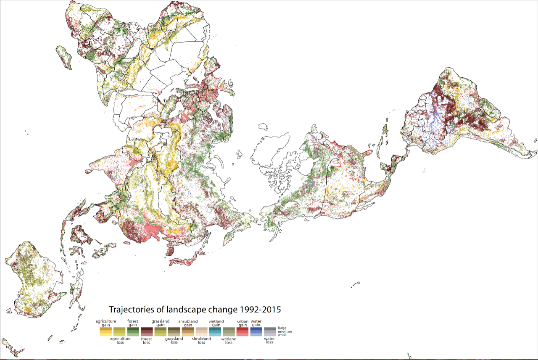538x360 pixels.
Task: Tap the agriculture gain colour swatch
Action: coord(105,332)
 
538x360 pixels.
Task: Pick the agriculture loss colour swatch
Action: coord(119,332)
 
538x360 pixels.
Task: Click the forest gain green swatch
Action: coord(133,332)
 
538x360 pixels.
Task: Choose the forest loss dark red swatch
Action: coord(147,332)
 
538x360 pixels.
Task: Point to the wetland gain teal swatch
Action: coord(215,332)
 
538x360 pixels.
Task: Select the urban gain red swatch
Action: coord(243,332)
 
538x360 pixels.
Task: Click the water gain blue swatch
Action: coord(256,332)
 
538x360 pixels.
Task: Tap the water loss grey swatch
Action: coord(269,332)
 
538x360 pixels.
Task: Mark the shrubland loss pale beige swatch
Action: coord(201,332)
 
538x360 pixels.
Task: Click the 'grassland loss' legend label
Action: coord(174,340)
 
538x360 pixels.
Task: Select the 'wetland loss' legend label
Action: coord(229,341)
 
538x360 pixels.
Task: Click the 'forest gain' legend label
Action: coord(133,323)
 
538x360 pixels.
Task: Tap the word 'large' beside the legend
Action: coord(282,328)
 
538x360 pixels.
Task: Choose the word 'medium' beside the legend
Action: coord(285,331)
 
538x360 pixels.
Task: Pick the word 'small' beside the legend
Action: coord(282,335)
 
